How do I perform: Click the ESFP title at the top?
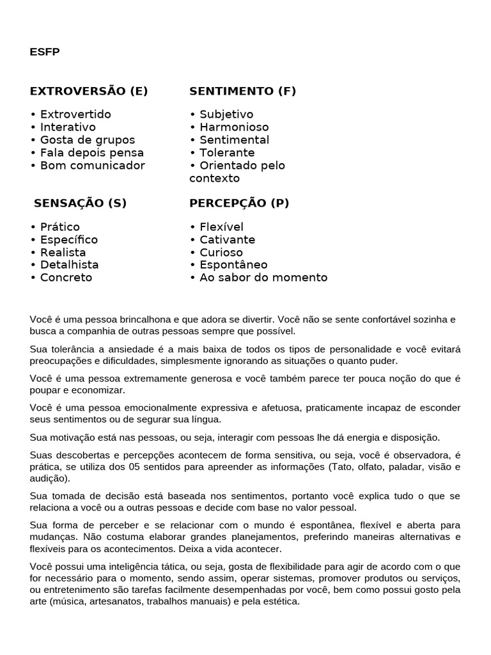(x=44, y=52)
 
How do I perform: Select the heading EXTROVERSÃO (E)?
(x=88, y=91)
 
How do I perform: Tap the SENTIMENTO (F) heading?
(x=242, y=91)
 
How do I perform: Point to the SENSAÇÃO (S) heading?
(x=80, y=203)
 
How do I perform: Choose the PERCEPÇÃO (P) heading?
(x=239, y=203)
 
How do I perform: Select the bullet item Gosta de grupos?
(x=82, y=140)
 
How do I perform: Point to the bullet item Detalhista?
(x=65, y=265)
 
